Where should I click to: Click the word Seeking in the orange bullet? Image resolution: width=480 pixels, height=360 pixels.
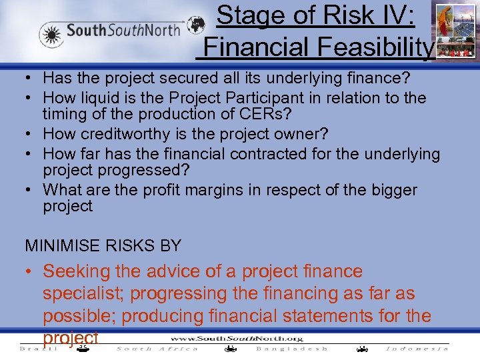[74, 271]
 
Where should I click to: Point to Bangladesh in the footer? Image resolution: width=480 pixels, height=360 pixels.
[292, 349]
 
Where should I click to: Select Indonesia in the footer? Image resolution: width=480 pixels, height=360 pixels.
[417, 349]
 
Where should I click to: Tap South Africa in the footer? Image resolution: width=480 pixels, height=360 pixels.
[157, 349]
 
